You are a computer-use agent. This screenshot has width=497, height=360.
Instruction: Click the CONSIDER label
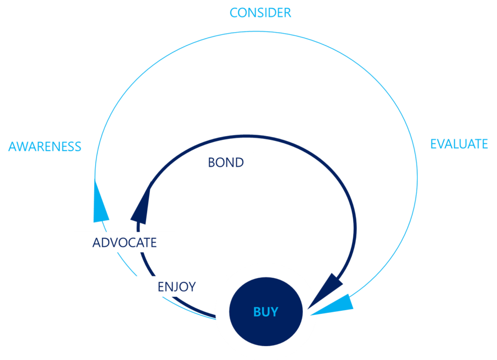pyautogui.click(x=261, y=13)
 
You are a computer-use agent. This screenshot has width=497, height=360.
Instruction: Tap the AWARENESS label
pyautogui.click(x=45, y=147)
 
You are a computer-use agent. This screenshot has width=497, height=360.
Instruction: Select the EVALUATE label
pyautogui.click(x=459, y=144)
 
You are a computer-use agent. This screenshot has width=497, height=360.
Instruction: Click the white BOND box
pyautogui.click(x=226, y=162)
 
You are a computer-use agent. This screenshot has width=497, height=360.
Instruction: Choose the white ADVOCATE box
pyautogui.click(x=124, y=242)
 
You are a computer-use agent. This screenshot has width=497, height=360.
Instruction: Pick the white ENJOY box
pyautogui.click(x=176, y=287)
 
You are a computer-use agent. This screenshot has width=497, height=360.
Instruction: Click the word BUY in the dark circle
pyautogui.click(x=265, y=312)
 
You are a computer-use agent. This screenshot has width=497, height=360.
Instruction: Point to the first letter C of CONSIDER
pyautogui.click(x=234, y=13)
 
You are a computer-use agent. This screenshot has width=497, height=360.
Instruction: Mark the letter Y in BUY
pyautogui.click(x=275, y=312)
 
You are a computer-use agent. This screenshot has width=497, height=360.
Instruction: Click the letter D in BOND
pyautogui.click(x=238, y=162)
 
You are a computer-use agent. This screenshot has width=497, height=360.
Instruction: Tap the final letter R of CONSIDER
pyautogui.click(x=287, y=13)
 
